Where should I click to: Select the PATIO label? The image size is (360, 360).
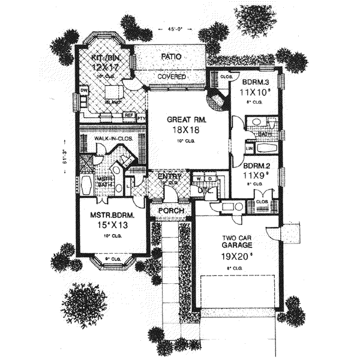[x=172, y=57]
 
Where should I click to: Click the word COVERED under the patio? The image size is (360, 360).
[x=172, y=77]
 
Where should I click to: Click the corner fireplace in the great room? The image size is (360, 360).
[x=215, y=100]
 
